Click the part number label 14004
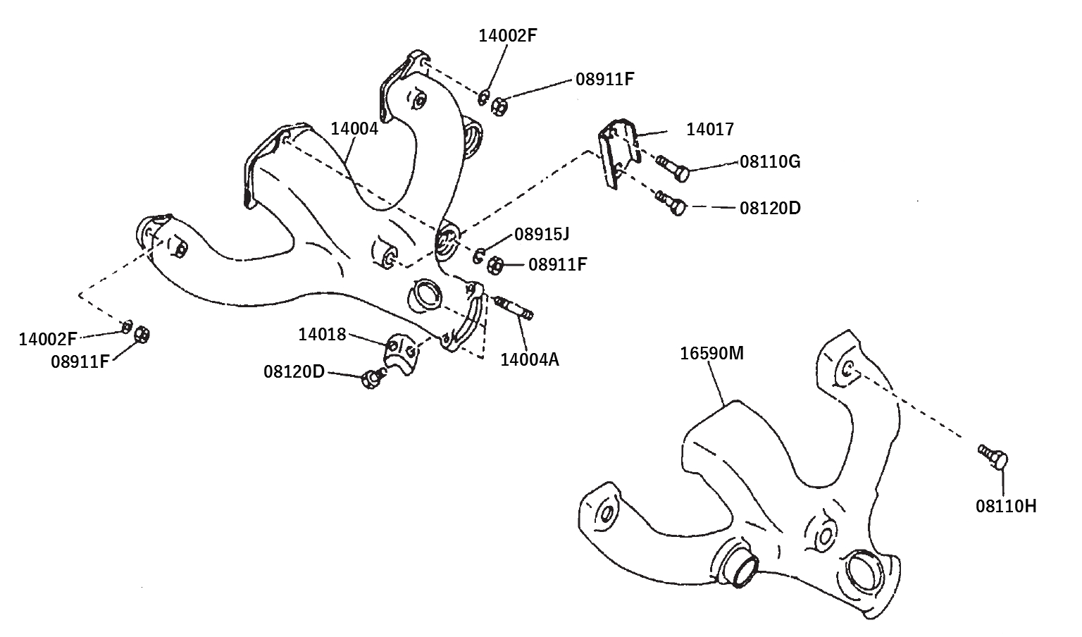point(354,129)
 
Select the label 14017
point(709,130)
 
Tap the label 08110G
point(769,162)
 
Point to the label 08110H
point(1005,505)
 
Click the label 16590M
point(711,353)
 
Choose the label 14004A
point(529,360)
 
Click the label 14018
point(322,334)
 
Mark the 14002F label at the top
point(508,36)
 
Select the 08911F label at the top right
point(604,79)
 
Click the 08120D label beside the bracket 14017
point(769,209)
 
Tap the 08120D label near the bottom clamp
point(294,371)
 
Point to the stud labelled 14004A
point(516,309)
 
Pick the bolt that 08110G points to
point(673,168)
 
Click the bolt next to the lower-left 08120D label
point(371,380)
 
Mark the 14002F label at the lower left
point(48,339)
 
